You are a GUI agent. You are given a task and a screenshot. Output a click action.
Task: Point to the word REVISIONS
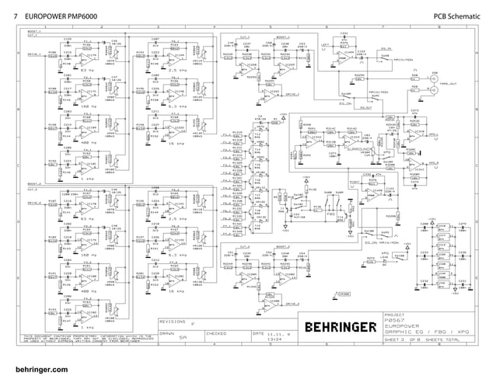click(173, 320)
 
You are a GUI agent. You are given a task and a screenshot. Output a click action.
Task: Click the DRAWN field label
click(166, 333)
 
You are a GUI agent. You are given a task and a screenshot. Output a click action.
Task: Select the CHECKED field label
click(216, 333)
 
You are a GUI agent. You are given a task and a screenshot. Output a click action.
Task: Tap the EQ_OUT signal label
click(366, 108)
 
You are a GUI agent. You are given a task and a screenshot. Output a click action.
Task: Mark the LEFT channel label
click(326, 46)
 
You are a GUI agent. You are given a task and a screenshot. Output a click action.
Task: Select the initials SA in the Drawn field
click(183, 339)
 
